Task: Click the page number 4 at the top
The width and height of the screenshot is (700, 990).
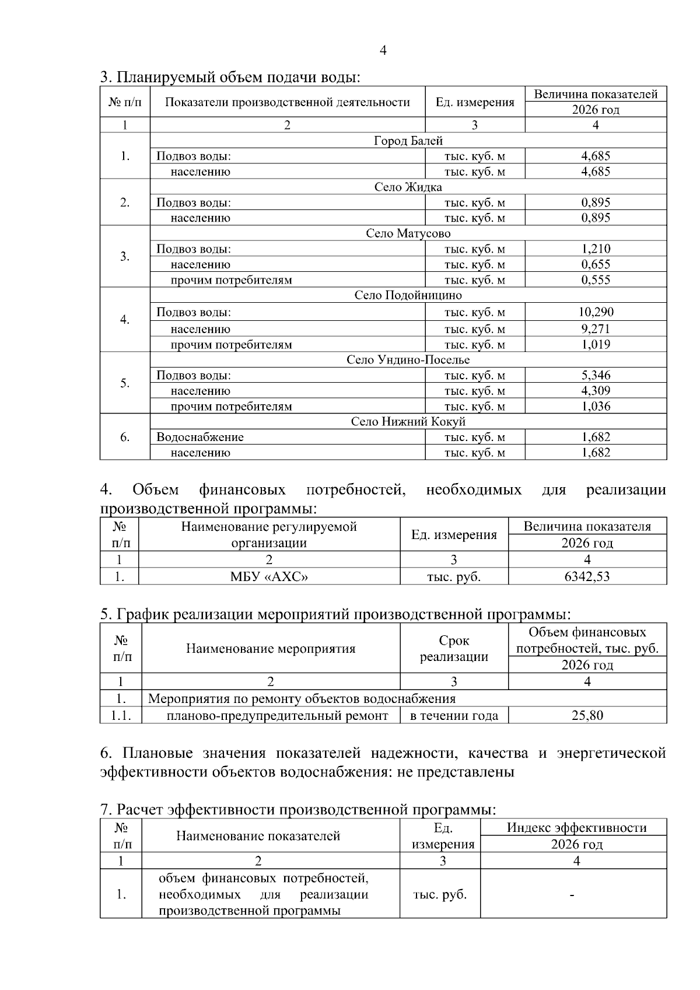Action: pos(383,51)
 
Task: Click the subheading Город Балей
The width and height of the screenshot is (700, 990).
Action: pos(408,141)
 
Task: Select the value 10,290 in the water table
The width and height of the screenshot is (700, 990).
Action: pos(596,312)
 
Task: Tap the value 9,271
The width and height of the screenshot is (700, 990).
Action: pos(596,329)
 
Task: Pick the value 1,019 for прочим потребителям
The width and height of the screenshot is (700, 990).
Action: pos(596,344)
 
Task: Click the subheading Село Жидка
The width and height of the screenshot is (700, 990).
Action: pos(408,187)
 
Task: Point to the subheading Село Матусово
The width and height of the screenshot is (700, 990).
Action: pos(408,233)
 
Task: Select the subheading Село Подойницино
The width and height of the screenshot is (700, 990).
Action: pos(408,295)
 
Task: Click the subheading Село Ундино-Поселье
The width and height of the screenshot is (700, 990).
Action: pos(408,360)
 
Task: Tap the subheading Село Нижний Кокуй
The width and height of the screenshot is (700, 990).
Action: pos(408,422)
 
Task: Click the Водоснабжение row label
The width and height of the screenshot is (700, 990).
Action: pos(200,438)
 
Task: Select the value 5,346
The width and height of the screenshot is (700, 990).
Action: pos(596,376)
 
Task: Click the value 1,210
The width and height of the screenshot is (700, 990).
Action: pos(596,249)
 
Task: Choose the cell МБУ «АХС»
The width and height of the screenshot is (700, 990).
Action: pos(269,577)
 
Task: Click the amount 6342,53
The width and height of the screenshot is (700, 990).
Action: pos(587,577)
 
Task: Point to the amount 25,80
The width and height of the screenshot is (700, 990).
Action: pos(587,715)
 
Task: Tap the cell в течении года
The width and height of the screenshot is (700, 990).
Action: pos(454,716)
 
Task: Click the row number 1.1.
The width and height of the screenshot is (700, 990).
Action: pos(121,715)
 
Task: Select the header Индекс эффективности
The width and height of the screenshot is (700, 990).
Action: pos(576,828)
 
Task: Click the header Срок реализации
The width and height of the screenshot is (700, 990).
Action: pos(454,648)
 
